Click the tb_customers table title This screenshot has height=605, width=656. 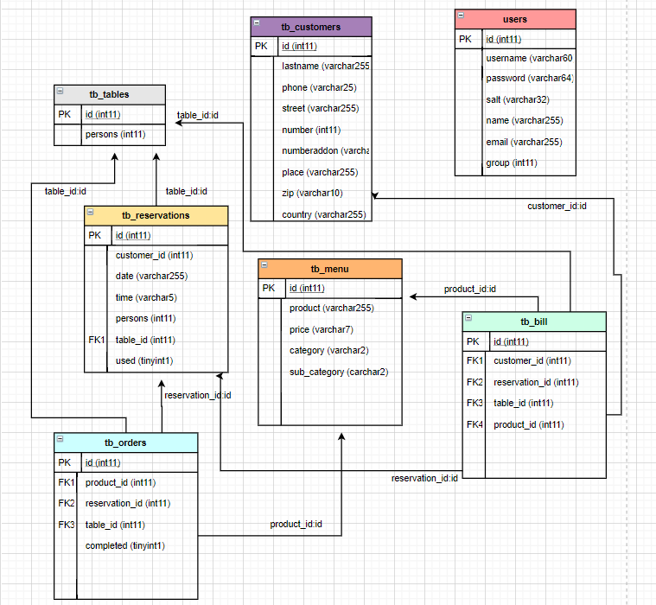click(311, 27)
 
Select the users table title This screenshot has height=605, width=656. click(515, 19)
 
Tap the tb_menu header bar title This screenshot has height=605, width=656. click(328, 269)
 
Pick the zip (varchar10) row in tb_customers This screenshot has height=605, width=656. click(312, 193)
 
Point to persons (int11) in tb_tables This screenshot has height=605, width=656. click(115, 135)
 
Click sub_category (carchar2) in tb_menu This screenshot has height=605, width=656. click(339, 372)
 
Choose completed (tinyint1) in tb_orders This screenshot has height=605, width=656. click(124, 545)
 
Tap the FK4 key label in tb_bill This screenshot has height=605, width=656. click(474, 424)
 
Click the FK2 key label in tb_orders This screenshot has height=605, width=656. click(67, 503)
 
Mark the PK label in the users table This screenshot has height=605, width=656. click(466, 39)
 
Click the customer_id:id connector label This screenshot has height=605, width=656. click(557, 206)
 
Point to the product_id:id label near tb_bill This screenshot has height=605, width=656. click(469, 290)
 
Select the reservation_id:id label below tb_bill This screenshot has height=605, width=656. click(424, 478)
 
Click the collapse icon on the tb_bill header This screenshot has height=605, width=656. click(468, 319)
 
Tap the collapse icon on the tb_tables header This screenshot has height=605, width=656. click(60, 92)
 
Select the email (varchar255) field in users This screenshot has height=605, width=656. click(524, 142)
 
